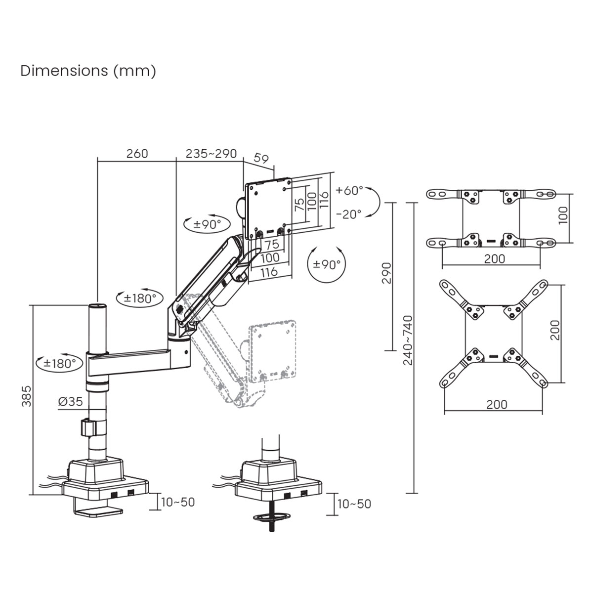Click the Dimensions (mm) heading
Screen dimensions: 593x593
click(88, 71)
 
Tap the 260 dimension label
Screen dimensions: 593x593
click(137, 153)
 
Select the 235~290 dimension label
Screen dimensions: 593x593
click(211, 153)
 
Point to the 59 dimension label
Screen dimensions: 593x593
click(261, 159)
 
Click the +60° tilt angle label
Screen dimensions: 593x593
click(349, 190)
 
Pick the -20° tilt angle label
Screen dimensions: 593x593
click(349, 214)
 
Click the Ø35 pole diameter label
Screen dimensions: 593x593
click(70, 401)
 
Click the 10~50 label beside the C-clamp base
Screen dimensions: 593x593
click(178, 503)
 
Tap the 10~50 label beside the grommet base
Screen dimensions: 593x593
click(354, 504)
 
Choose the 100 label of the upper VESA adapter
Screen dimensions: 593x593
click(564, 215)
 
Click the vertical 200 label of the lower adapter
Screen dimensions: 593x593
click(555, 330)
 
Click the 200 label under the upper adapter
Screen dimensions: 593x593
click(495, 258)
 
